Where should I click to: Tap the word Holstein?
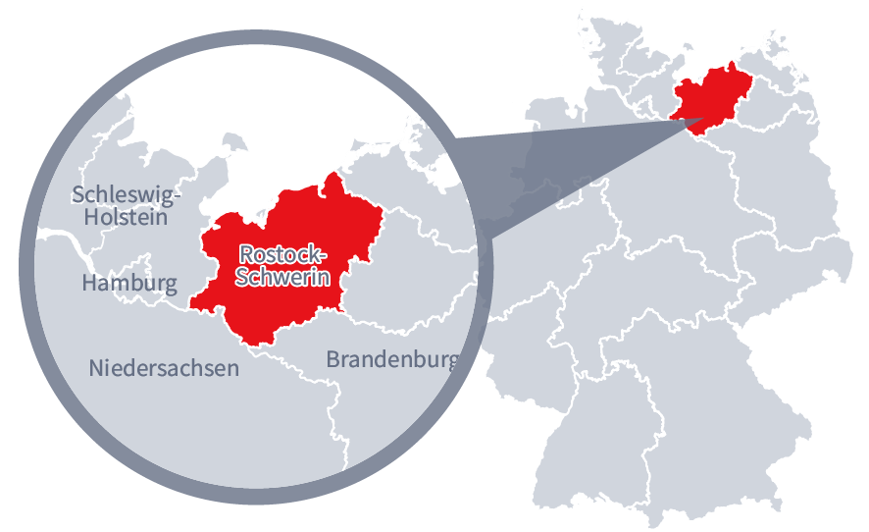click(x=126, y=218)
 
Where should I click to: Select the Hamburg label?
click(x=129, y=285)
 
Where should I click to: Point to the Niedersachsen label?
click(x=164, y=369)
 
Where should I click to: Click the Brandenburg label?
click(x=391, y=359)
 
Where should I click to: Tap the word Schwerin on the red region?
click(x=282, y=278)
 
